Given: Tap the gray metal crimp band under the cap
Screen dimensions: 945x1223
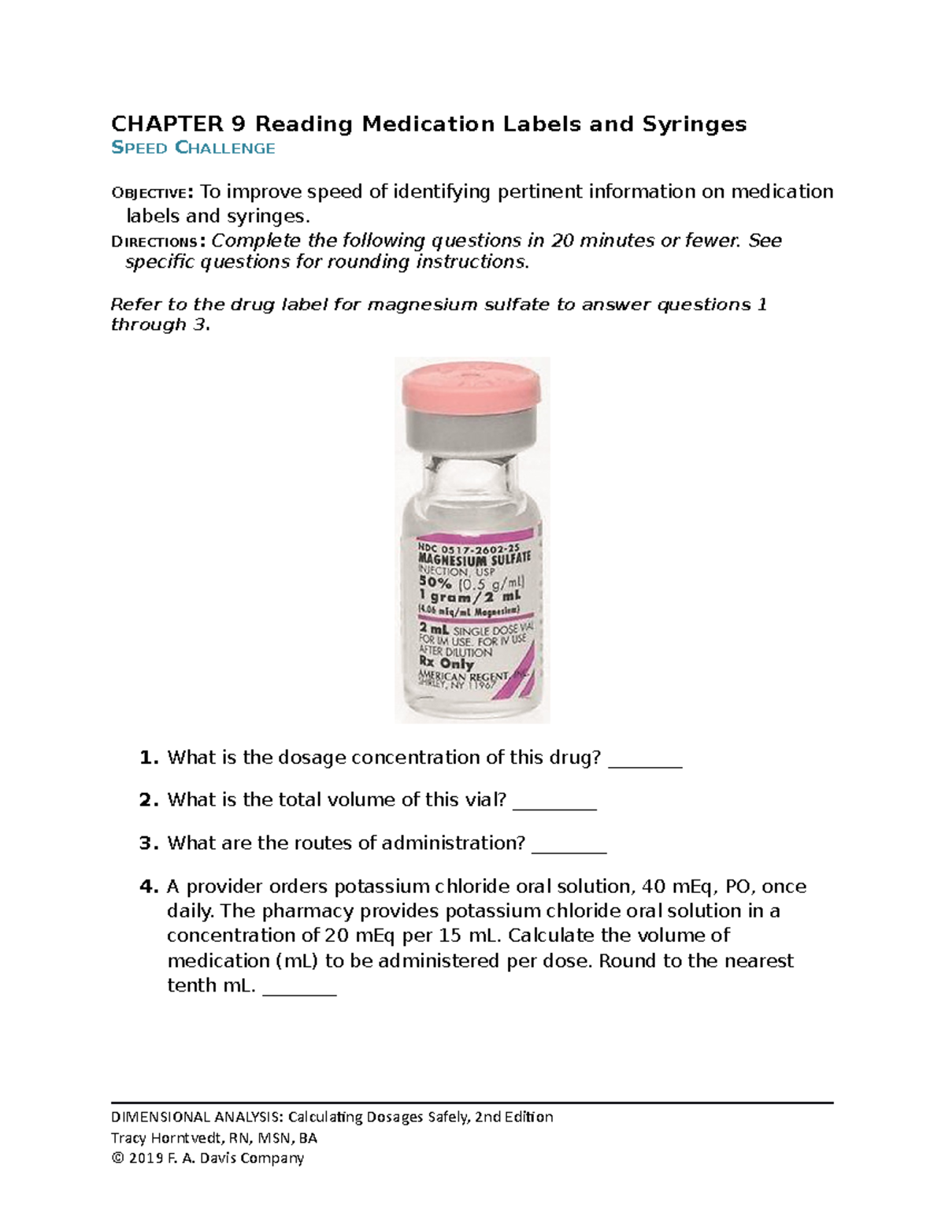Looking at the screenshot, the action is pyautogui.click(x=472, y=430).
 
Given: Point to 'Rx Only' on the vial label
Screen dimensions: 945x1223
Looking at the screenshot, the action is pyautogui.click(x=446, y=663).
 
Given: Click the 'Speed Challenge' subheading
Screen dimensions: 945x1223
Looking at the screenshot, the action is pyautogui.click(x=193, y=148).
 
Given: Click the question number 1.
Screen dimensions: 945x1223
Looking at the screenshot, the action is pyautogui.click(x=148, y=758).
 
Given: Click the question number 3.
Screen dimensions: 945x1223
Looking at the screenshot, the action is pyautogui.click(x=148, y=843).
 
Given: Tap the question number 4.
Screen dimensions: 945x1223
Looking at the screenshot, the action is pyautogui.click(x=148, y=887).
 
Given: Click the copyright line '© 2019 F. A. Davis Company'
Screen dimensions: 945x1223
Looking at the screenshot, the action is pyautogui.click(x=207, y=1158).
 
